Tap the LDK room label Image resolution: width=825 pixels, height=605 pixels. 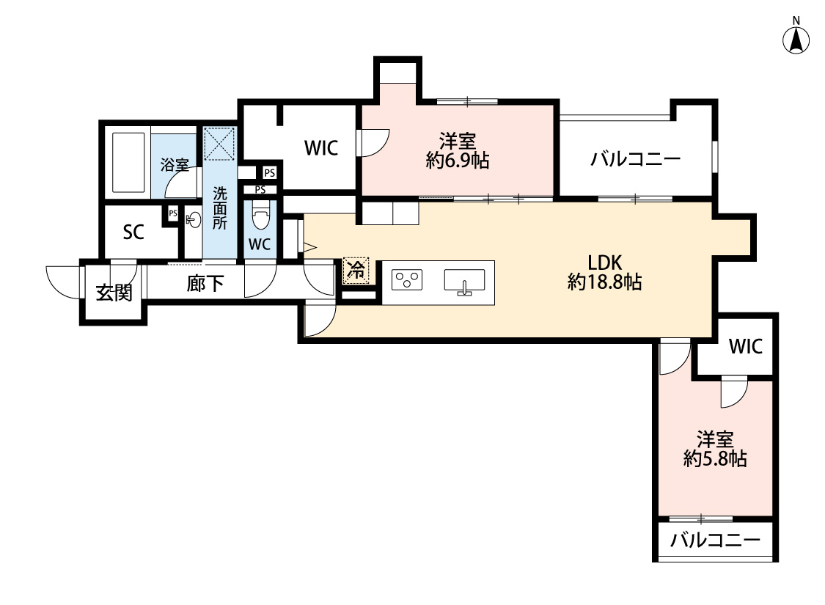pyautogui.click(x=605, y=263)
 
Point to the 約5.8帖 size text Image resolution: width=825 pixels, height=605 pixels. pyautogui.click(x=715, y=459)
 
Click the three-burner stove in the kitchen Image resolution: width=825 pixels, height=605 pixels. pyautogui.click(x=408, y=279)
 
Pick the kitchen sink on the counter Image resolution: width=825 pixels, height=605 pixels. pyautogui.click(x=464, y=281)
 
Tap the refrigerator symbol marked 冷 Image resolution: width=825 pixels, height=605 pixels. pyautogui.click(x=356, y=271)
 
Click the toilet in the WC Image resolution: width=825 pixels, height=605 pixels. pyautogui.click(x=260, y=216)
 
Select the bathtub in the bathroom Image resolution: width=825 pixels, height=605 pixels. pyautogui.click(x=128, y=163)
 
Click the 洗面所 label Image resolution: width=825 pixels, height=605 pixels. pyautogui.click(x=221, y=209)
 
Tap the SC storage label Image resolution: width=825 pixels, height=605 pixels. pyautogui.click(x=133, y=232)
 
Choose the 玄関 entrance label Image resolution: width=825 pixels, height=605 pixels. pyautogui.click(x=114, y=293)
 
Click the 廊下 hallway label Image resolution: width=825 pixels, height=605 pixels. pyautogui.click(x=205, y=284)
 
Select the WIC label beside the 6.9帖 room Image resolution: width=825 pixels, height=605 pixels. pyautogui.click(x=321, y=148)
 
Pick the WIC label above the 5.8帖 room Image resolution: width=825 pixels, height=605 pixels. pyautogui.click(x=745, y=346)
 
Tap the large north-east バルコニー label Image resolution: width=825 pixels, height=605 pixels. pyautogui.click(x=636, y=159)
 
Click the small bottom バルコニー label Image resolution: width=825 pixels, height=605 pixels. pyautogui.click(x=715, y=542)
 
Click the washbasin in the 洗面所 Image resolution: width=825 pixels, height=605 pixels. pyautogui.click(x=194, y=220)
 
